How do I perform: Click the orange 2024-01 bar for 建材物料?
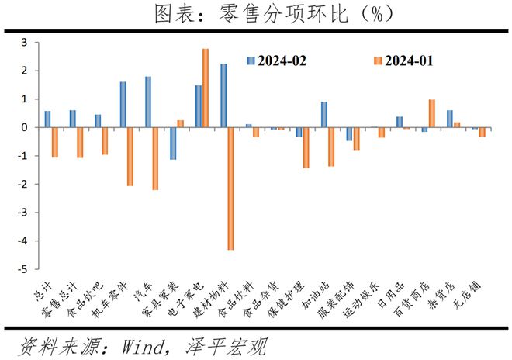point(230,189)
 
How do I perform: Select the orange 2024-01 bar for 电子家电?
point(206,88)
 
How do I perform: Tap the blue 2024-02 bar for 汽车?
point(148,102)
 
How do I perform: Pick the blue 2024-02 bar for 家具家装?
point(173,144)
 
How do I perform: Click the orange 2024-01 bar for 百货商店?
point(431,113)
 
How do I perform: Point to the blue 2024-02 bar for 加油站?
point(324,115)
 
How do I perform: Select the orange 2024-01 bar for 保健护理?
point(306,147)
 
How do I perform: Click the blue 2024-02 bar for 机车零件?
point(123,105)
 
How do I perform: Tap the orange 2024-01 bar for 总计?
point(55,143)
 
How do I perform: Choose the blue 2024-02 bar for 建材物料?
point(223,95)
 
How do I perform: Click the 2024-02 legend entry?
point(277,61)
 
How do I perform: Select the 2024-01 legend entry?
point(403,61)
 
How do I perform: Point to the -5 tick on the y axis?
point(36,269)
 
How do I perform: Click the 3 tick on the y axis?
point(36,43)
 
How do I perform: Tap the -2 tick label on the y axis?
point(24,184)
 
